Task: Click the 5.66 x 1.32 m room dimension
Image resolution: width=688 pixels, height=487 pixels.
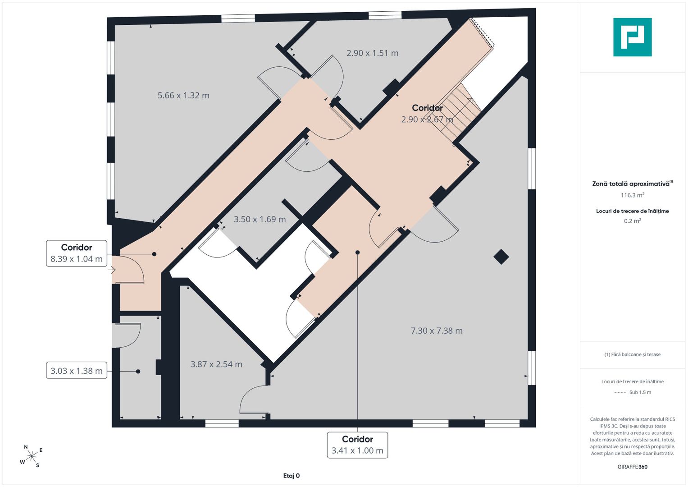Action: pyautogui.click(x=183, y=95)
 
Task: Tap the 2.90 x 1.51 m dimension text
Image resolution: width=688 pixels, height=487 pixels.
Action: pyautogui.click(x=372, y=53)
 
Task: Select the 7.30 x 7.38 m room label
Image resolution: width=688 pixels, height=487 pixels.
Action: pyautogui.click(x=437, y=331)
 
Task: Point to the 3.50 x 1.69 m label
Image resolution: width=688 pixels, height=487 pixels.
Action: pyautogui.click(x=260, y=219)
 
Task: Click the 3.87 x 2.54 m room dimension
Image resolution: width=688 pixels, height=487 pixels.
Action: pyautogui.click(x=216, y=364)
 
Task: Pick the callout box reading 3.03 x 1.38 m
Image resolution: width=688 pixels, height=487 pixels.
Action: pyautogui.click(x=77, y=371)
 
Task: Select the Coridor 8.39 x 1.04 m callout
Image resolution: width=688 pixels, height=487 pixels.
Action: pyautogui.click(x=77, y=253)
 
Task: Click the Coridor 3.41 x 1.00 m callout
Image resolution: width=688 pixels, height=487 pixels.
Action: pyautogui.click(x=357, y=445)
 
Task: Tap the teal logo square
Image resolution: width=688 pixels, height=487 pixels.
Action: pyautogui.click(x=633, y=37)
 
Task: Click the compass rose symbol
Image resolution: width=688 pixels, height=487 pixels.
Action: pyautogui.click(x=32, y=455)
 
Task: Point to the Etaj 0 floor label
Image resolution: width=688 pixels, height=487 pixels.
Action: pyautogui.click(x=292, y=476)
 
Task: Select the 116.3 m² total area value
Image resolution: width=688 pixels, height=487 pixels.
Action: pyautogui.click(x=633, y=195)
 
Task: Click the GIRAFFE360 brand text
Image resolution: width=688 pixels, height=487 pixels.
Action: pyautogui.click(x=633, y=467)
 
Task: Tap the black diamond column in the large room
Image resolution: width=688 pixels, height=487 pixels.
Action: pyautogui.click(x=501, y=257)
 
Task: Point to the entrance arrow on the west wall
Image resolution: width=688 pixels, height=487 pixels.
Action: pyautogui.click(x=111, y=270)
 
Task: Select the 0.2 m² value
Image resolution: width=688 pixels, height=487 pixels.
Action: pyautogui.click(x=633, y=221)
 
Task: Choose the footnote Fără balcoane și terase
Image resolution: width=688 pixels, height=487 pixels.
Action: pyautogui.click(x=633, y=354)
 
